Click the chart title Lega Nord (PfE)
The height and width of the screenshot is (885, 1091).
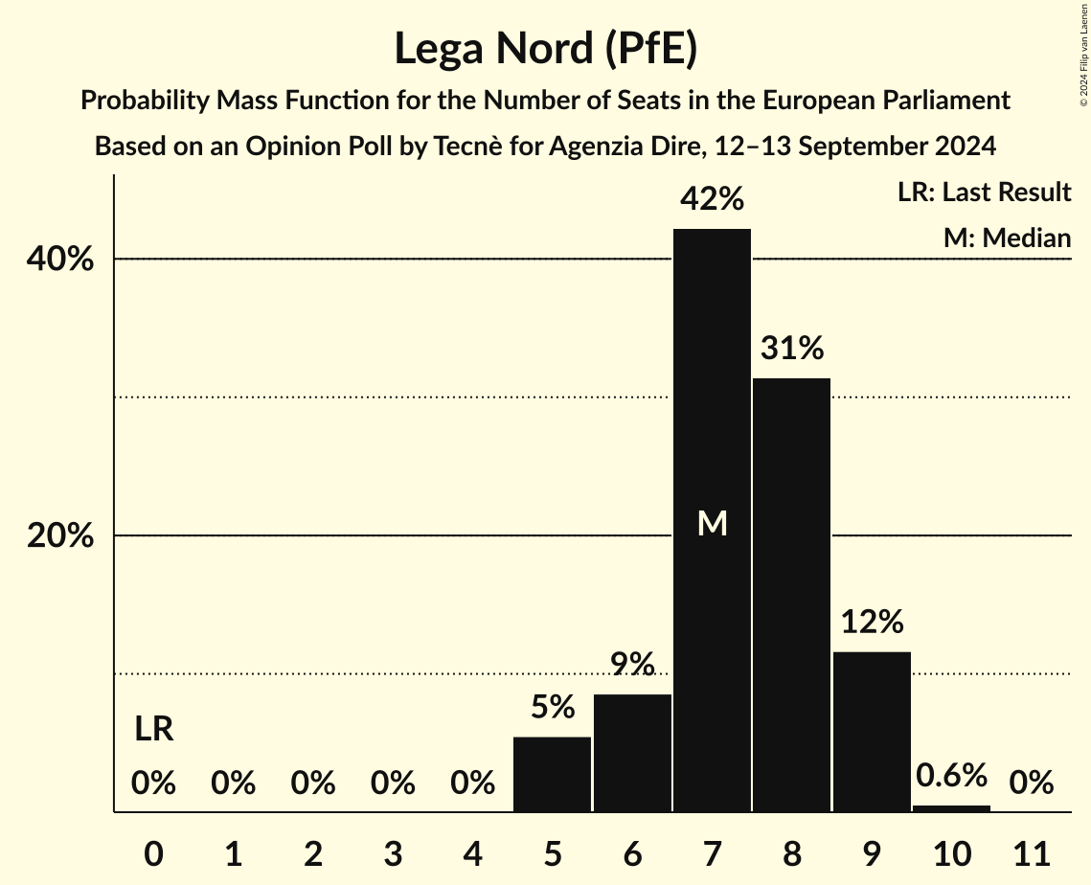pos(545,48)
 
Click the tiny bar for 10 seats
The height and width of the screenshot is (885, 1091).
pos(951,808)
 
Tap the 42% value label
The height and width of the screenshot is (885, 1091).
pos(712,199)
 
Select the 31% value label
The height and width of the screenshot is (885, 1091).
pos(792,349)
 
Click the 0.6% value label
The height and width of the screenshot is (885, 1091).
pos(951,776)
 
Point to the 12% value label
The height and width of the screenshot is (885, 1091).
pos(872,623)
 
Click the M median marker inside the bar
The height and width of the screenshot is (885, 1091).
pos(712,523)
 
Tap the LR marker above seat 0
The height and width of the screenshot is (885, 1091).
pos(153,730)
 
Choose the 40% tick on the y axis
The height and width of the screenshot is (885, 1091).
pos(60,260)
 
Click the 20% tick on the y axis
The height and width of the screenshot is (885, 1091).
pos(60,536)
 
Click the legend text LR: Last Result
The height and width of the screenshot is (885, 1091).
pos(984,193)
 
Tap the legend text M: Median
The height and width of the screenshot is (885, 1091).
pos(1007,238)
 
